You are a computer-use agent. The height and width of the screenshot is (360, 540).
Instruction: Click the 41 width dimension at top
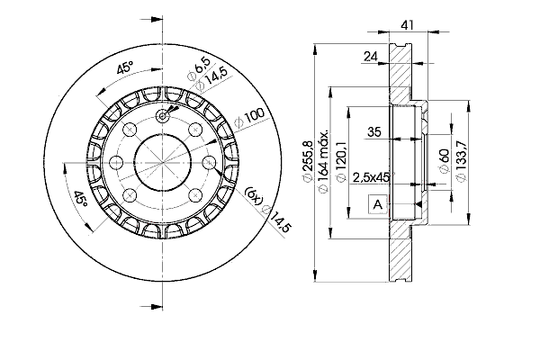pos(407,25)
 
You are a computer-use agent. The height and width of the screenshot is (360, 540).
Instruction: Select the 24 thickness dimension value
pos(371,56)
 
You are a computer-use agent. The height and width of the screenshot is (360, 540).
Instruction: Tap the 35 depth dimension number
pos(374,131)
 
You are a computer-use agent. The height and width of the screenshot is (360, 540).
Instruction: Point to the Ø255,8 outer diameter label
pos(307,161)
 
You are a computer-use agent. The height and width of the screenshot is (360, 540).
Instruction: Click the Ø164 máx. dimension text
pos(323,161)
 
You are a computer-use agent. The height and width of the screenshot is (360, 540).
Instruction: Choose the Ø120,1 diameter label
pos(340,161)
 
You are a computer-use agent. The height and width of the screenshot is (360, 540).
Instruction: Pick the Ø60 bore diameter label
pos(444,161)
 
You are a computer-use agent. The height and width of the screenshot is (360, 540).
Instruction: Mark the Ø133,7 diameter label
pos(461,161)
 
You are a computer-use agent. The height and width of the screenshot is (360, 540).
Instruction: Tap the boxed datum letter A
pos(378,204)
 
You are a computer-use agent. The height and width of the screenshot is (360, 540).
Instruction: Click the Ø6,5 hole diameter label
pos(198,69)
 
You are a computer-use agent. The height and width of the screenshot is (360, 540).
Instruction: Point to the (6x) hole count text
pos(254,195)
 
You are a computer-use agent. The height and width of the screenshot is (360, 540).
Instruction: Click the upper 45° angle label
pos(125,67)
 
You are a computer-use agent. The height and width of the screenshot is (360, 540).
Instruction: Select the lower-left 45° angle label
pos(81,199)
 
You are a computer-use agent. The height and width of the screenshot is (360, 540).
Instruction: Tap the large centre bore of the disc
pos(163,162)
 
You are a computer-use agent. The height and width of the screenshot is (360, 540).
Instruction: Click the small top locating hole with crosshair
pos(163,116)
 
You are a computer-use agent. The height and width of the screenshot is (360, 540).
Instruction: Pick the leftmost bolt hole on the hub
pos(117,162)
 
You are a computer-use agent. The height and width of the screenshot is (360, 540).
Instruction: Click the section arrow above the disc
pos(151,19)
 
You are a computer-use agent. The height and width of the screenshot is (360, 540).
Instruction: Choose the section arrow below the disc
pos(151,306)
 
